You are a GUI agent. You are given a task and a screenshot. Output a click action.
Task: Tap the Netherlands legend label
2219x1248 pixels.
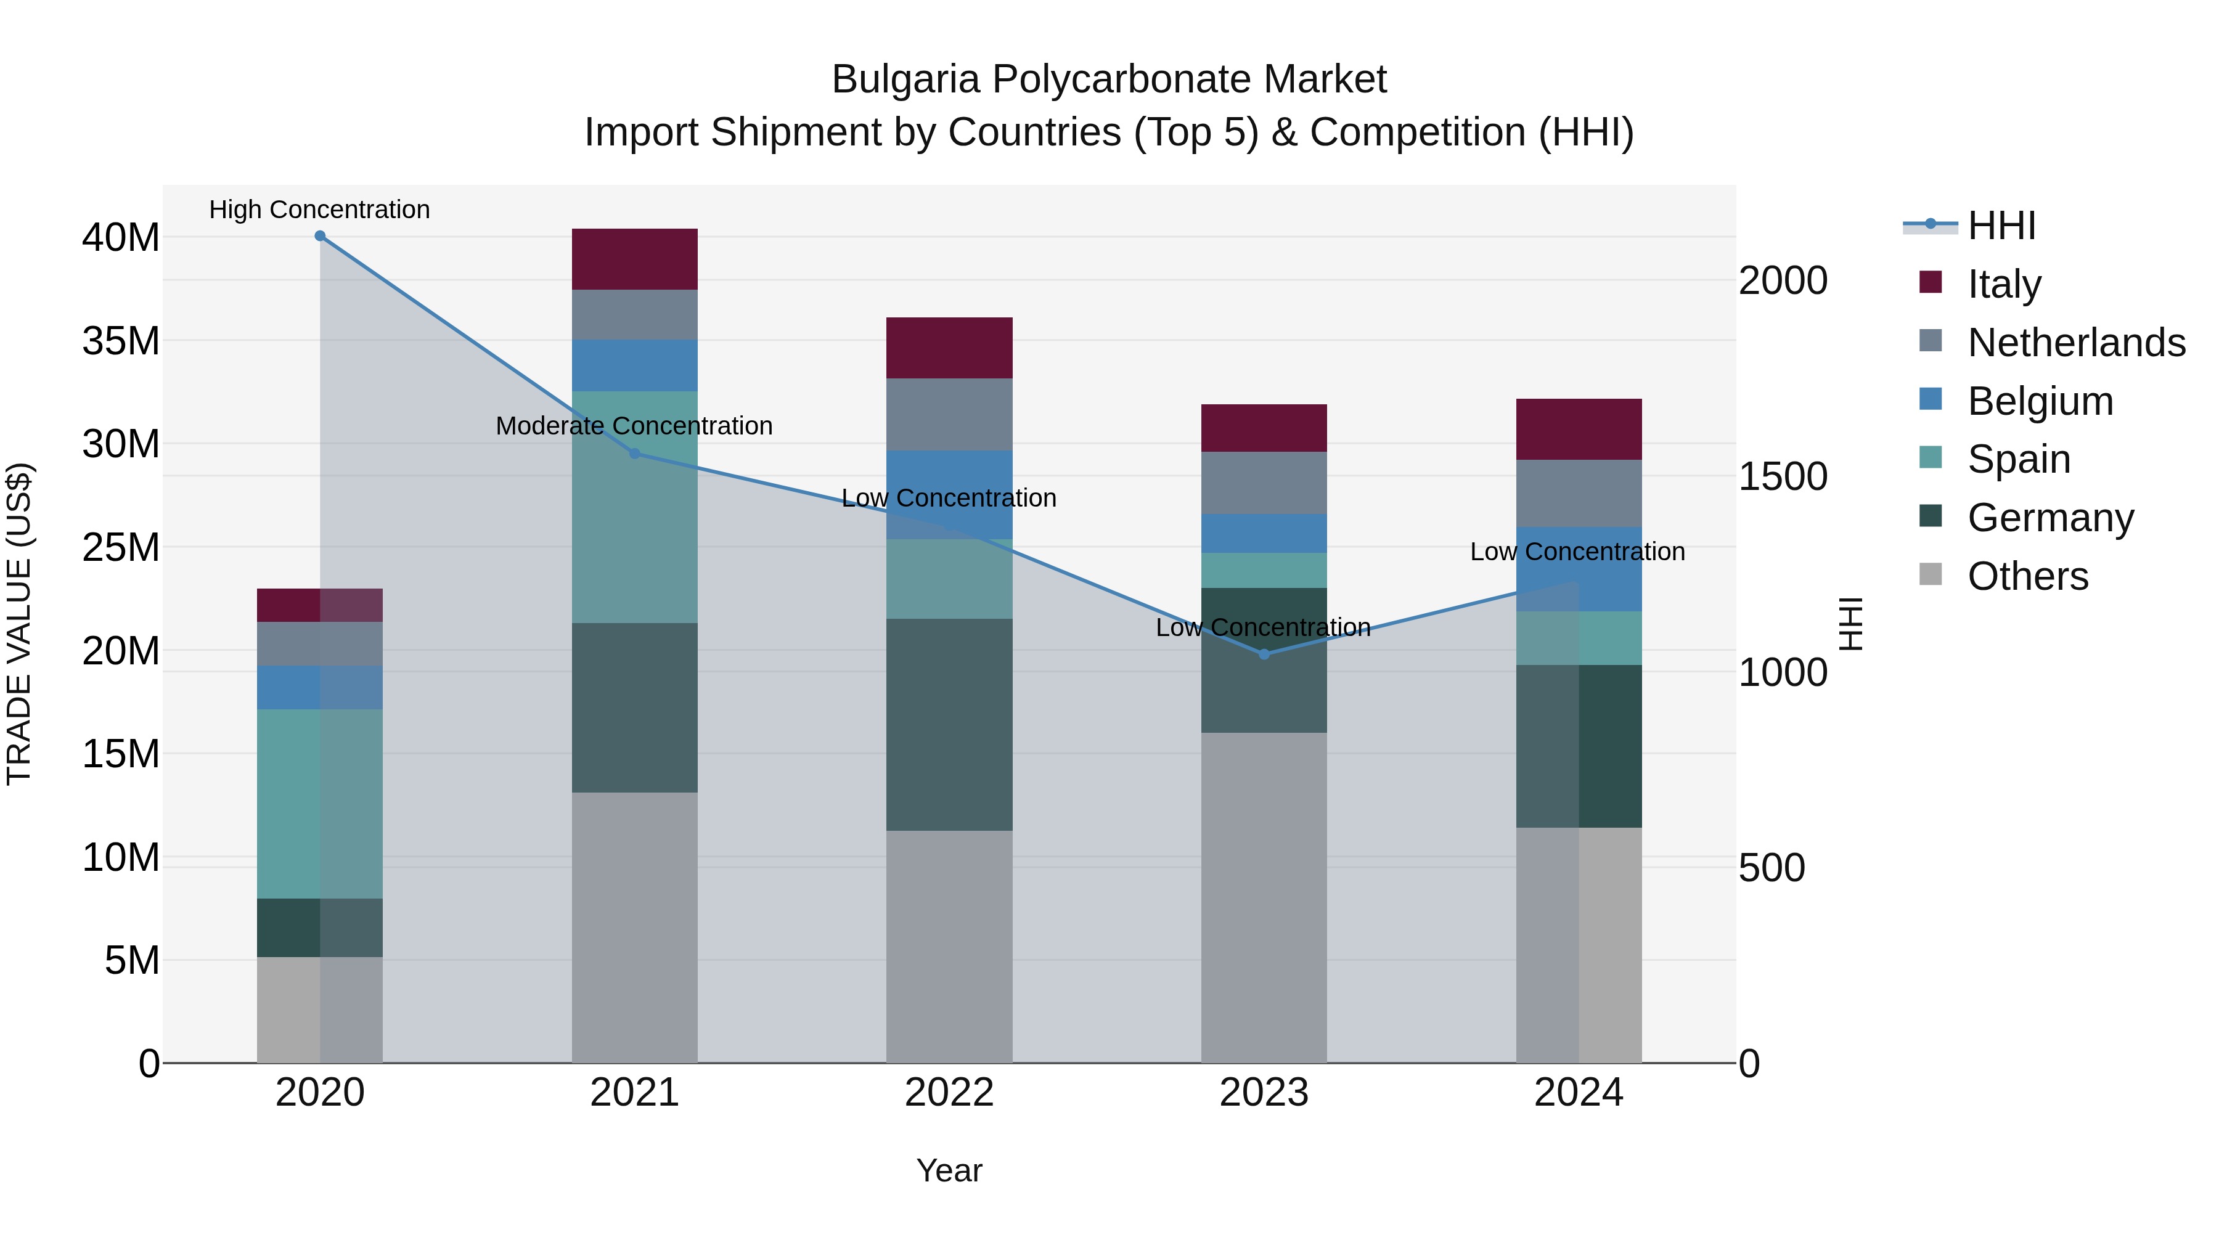click(2076, 343)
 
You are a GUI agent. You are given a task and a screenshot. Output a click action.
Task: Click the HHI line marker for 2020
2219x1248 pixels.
click(319, 236)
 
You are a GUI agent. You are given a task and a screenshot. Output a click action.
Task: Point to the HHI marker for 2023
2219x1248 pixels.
click(1264, 655)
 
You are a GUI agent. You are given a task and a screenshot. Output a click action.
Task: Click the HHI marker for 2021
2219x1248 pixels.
click(635, 454)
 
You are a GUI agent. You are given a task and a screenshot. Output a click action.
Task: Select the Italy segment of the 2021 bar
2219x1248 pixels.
click(635, 259)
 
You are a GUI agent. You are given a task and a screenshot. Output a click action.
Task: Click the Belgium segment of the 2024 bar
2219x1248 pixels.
click(1579, 569)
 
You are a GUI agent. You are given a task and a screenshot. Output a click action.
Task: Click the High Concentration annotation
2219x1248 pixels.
click(319, 210)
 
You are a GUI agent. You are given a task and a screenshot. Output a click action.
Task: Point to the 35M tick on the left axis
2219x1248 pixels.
click(121, 341)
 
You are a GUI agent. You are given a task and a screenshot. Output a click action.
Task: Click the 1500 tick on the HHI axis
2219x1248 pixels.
click(1782, 476)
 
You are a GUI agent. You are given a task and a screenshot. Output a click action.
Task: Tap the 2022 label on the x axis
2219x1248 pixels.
click(949, 1093)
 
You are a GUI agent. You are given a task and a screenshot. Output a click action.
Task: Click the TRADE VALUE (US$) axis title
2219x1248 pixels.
click(19, 624)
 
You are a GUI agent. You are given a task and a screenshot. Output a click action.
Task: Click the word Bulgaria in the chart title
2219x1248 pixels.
click(905, 80)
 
